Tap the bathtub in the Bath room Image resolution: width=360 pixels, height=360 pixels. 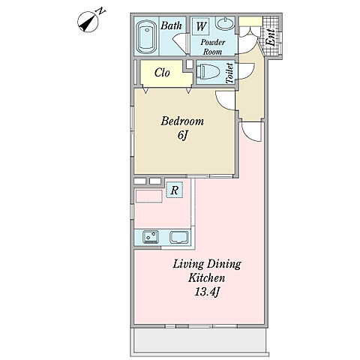(x=147, y=37)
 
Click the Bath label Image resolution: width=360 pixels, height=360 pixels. (x=171, y=25)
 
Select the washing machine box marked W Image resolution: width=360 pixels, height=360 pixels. (x=201, y=26)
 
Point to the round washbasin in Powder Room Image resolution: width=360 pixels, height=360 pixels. (x=225, y=24)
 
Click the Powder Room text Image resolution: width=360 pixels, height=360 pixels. (x=212, y=47)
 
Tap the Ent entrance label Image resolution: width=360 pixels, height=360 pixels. (x=271, y=37)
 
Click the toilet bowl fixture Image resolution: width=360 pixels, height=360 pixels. (x=208, y=72)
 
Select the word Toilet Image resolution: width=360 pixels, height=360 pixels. (x=229, y=73)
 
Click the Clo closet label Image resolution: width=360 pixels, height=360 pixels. (x=162, y=73)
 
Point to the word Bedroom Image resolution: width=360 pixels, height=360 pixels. (x=182, y=121)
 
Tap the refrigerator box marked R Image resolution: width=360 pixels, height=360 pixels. (x=175, y=190)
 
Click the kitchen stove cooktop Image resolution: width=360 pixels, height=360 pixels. (x=151, y=237)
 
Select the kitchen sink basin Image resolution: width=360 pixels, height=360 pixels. (x=179, y=237)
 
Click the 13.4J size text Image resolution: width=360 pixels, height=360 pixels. (x=207, y=292)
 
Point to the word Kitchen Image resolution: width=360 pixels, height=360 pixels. (x=207, y=278)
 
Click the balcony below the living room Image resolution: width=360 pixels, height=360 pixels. (x=199, y=340)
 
